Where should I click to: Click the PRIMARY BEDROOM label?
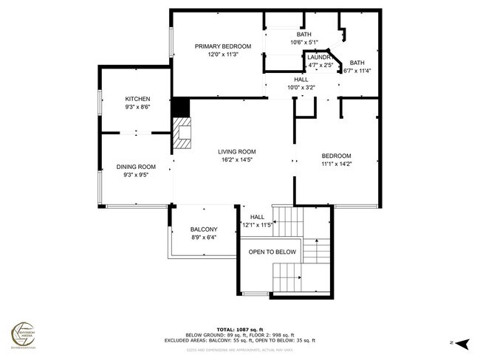223,46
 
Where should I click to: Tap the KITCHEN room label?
137,99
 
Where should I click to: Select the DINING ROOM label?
137,167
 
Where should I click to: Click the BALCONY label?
203,229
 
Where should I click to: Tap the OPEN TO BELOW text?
272,252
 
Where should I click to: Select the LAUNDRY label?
318,57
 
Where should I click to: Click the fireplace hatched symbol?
182,136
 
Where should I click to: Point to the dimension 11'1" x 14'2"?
335,165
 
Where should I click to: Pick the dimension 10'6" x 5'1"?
304,43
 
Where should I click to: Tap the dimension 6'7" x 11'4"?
357,72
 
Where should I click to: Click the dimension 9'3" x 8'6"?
137,108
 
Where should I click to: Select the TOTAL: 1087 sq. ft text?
239,329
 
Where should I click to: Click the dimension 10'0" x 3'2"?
301,88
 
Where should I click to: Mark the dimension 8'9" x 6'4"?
203,238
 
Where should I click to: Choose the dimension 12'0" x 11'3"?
223,55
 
